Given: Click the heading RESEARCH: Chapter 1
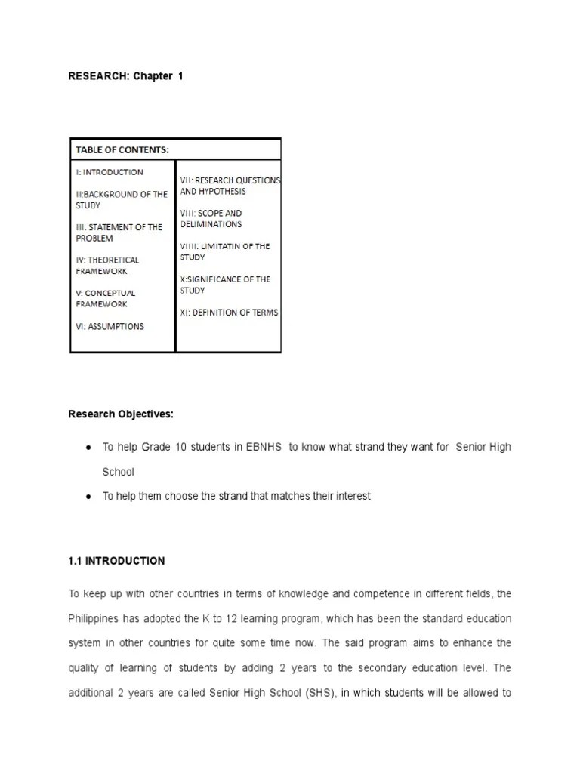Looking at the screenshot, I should (x=126, y=76).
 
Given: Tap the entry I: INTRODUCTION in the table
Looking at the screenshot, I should (x=110, y=172).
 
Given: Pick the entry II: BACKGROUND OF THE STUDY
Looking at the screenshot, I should (x=121, y=199).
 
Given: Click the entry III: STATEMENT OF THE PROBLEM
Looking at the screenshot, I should (x=119, y=233).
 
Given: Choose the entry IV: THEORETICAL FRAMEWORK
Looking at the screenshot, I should (x=107, y=265).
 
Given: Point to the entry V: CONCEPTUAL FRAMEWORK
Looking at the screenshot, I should (x=105, y=298).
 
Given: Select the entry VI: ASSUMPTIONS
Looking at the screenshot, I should (x=110, y=326).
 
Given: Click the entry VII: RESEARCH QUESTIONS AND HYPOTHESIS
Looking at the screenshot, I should (x=230, y=186).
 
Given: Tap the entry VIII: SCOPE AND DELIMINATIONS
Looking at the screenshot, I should (x=211, y=219).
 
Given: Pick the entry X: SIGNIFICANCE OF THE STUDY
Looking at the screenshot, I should (x=225, y=285).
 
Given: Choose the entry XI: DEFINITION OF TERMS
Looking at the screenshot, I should (x=229, y=312).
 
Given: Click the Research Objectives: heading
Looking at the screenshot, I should (x=121, y=414).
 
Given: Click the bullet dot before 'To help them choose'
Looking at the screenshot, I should (x=88, y=497).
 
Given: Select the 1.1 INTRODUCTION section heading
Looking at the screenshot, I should (x=116, y=561).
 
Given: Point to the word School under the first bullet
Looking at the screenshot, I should (x=119, y=472).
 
